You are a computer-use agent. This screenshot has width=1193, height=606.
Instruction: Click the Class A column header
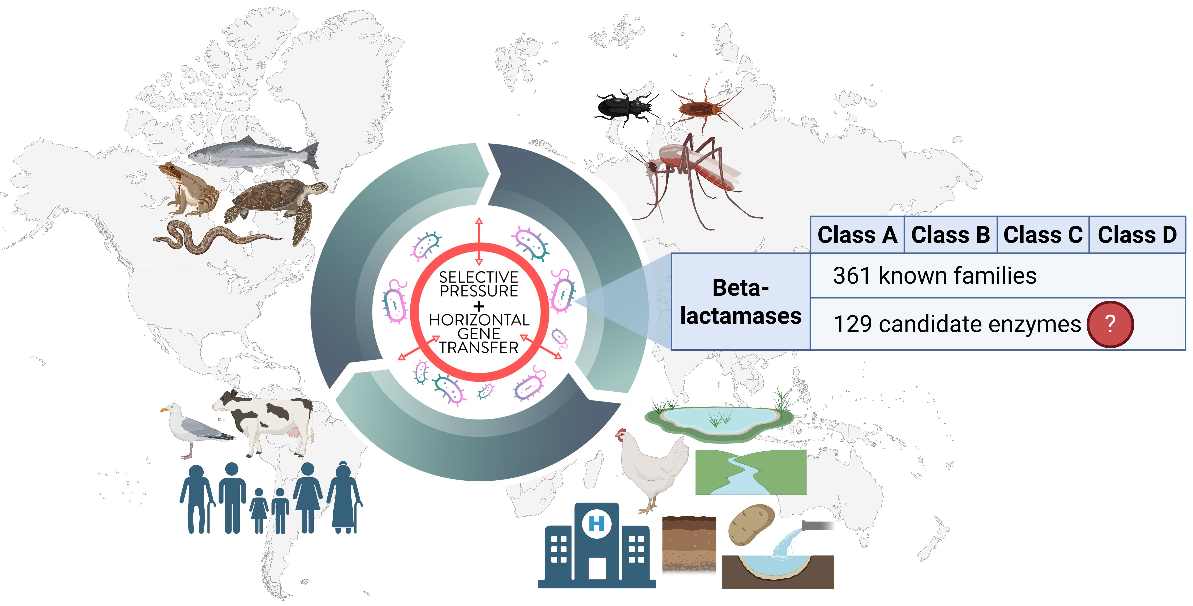(x=857, y=235)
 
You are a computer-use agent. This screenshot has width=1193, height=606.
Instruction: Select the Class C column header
(x=1043, y=235)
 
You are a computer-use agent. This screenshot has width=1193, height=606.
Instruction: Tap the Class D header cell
(x=1137, y=235)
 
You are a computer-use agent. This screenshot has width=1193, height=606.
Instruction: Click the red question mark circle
(x=1110, y=324)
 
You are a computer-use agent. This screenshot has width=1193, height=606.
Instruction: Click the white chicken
(x=653, y=468)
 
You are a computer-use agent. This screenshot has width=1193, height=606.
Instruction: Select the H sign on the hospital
(x=596, y=524)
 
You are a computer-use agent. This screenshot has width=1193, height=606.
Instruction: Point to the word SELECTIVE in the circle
(x=479, y=277)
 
